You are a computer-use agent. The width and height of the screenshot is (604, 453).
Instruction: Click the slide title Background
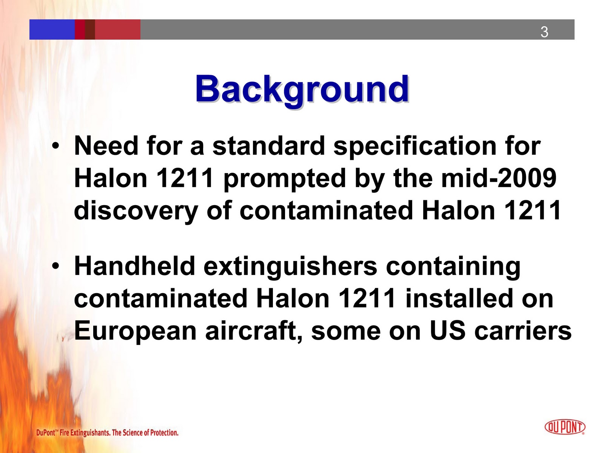point(302,89)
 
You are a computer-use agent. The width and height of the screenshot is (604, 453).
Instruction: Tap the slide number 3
point(544,32)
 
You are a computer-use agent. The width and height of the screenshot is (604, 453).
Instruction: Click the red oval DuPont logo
point(565,427)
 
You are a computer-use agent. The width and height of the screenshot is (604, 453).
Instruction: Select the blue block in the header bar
point(52,29)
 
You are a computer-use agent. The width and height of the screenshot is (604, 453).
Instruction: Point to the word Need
point(106,146)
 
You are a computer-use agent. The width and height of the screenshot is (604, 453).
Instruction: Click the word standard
point(268,146)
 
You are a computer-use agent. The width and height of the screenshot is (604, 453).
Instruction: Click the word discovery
point(136,211)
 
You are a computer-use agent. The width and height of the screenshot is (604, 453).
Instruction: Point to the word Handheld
point(134,266)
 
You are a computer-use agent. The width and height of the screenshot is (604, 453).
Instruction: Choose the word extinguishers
point(290,266)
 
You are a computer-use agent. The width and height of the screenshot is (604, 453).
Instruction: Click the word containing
point(453,266)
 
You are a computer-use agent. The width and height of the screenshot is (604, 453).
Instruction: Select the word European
point(135,331)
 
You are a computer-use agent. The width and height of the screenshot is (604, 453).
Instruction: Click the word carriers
point(523,331)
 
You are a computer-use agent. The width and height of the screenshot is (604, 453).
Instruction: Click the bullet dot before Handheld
point(56,266)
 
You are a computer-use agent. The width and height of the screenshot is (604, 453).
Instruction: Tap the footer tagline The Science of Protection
point(145,433)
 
